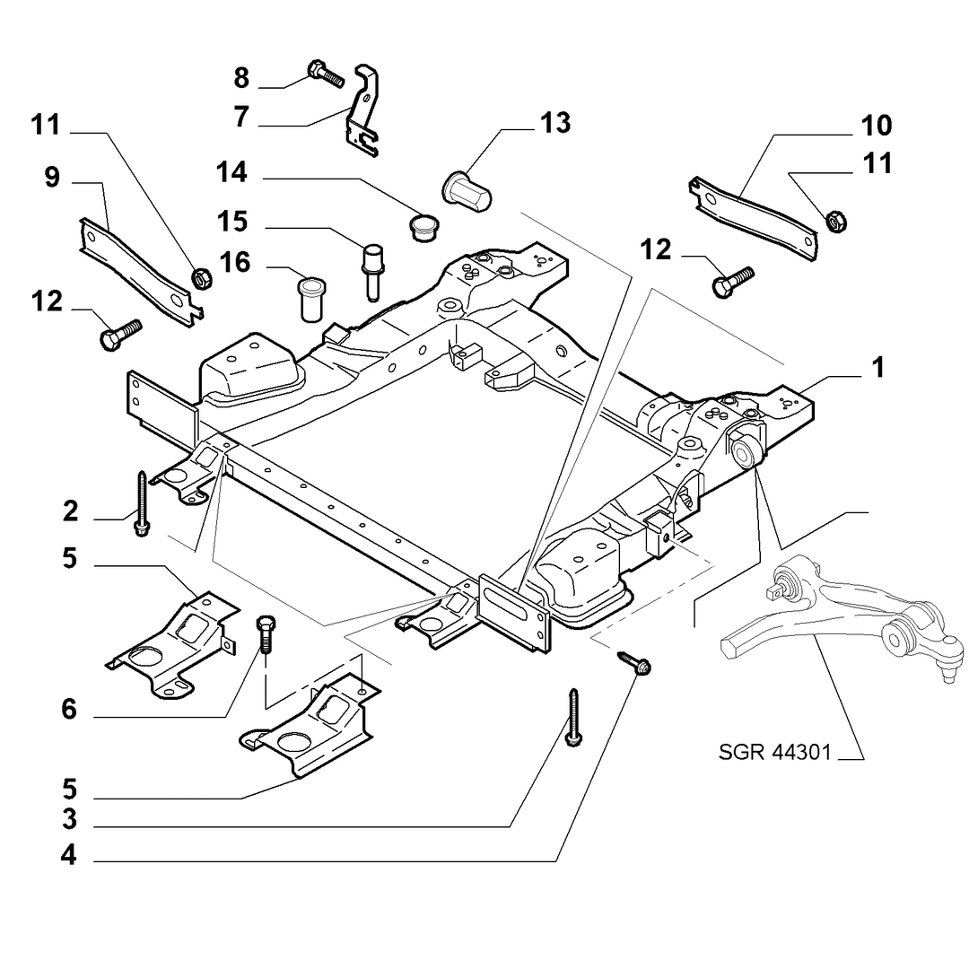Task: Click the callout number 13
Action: coord(555,123)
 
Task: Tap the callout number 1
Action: coord(878,368)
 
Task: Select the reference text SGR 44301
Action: coord(775,752)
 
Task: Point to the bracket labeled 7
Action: coord(363,111)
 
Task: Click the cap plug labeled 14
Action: coord(423,227)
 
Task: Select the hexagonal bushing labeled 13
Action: coord(467,190)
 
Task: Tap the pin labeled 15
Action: coord(372,272)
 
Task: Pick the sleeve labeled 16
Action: coord(313,300)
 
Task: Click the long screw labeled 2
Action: coord(142,503)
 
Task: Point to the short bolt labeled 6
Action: coord(266,634)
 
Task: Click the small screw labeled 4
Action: coord(634,662)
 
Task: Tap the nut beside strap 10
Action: coord(835,221)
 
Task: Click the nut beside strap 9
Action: coord(201,278)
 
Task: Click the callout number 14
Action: coord(231,171)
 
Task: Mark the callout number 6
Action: coord(69,709)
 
